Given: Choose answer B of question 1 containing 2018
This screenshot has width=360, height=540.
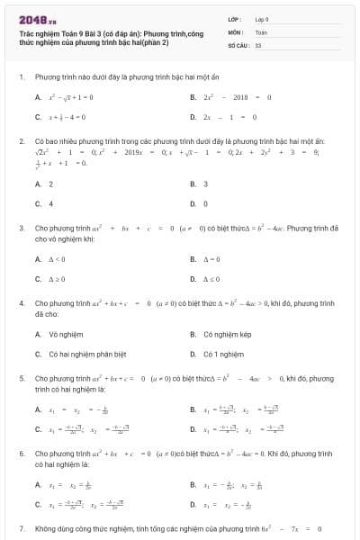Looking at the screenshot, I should pos(230,97).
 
